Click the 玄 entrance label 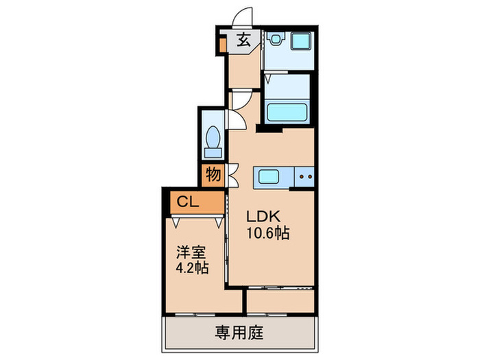(x=243, y=40)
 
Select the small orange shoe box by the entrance (x=223, y=45)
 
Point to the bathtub (x=288, y=112)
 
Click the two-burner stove (x=304, y=178)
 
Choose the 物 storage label (x=213, y=175)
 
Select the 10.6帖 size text (x=268, y=233)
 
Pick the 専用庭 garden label (x=240, y=334)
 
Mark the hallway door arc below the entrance (x=240, y=99)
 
